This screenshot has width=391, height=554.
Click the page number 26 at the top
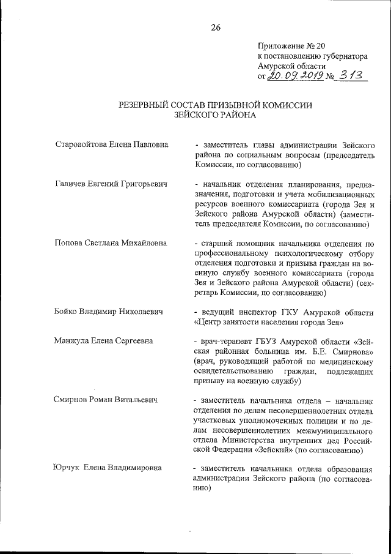[x=215, y=26]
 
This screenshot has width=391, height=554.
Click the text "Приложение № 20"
[x=288, y=45]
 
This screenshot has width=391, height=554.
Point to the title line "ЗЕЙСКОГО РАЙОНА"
[x=214, y=115]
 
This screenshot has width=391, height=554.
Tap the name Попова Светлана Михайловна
[x=110, y=242]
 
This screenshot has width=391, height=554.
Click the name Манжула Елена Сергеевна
[x=104, y=340]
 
